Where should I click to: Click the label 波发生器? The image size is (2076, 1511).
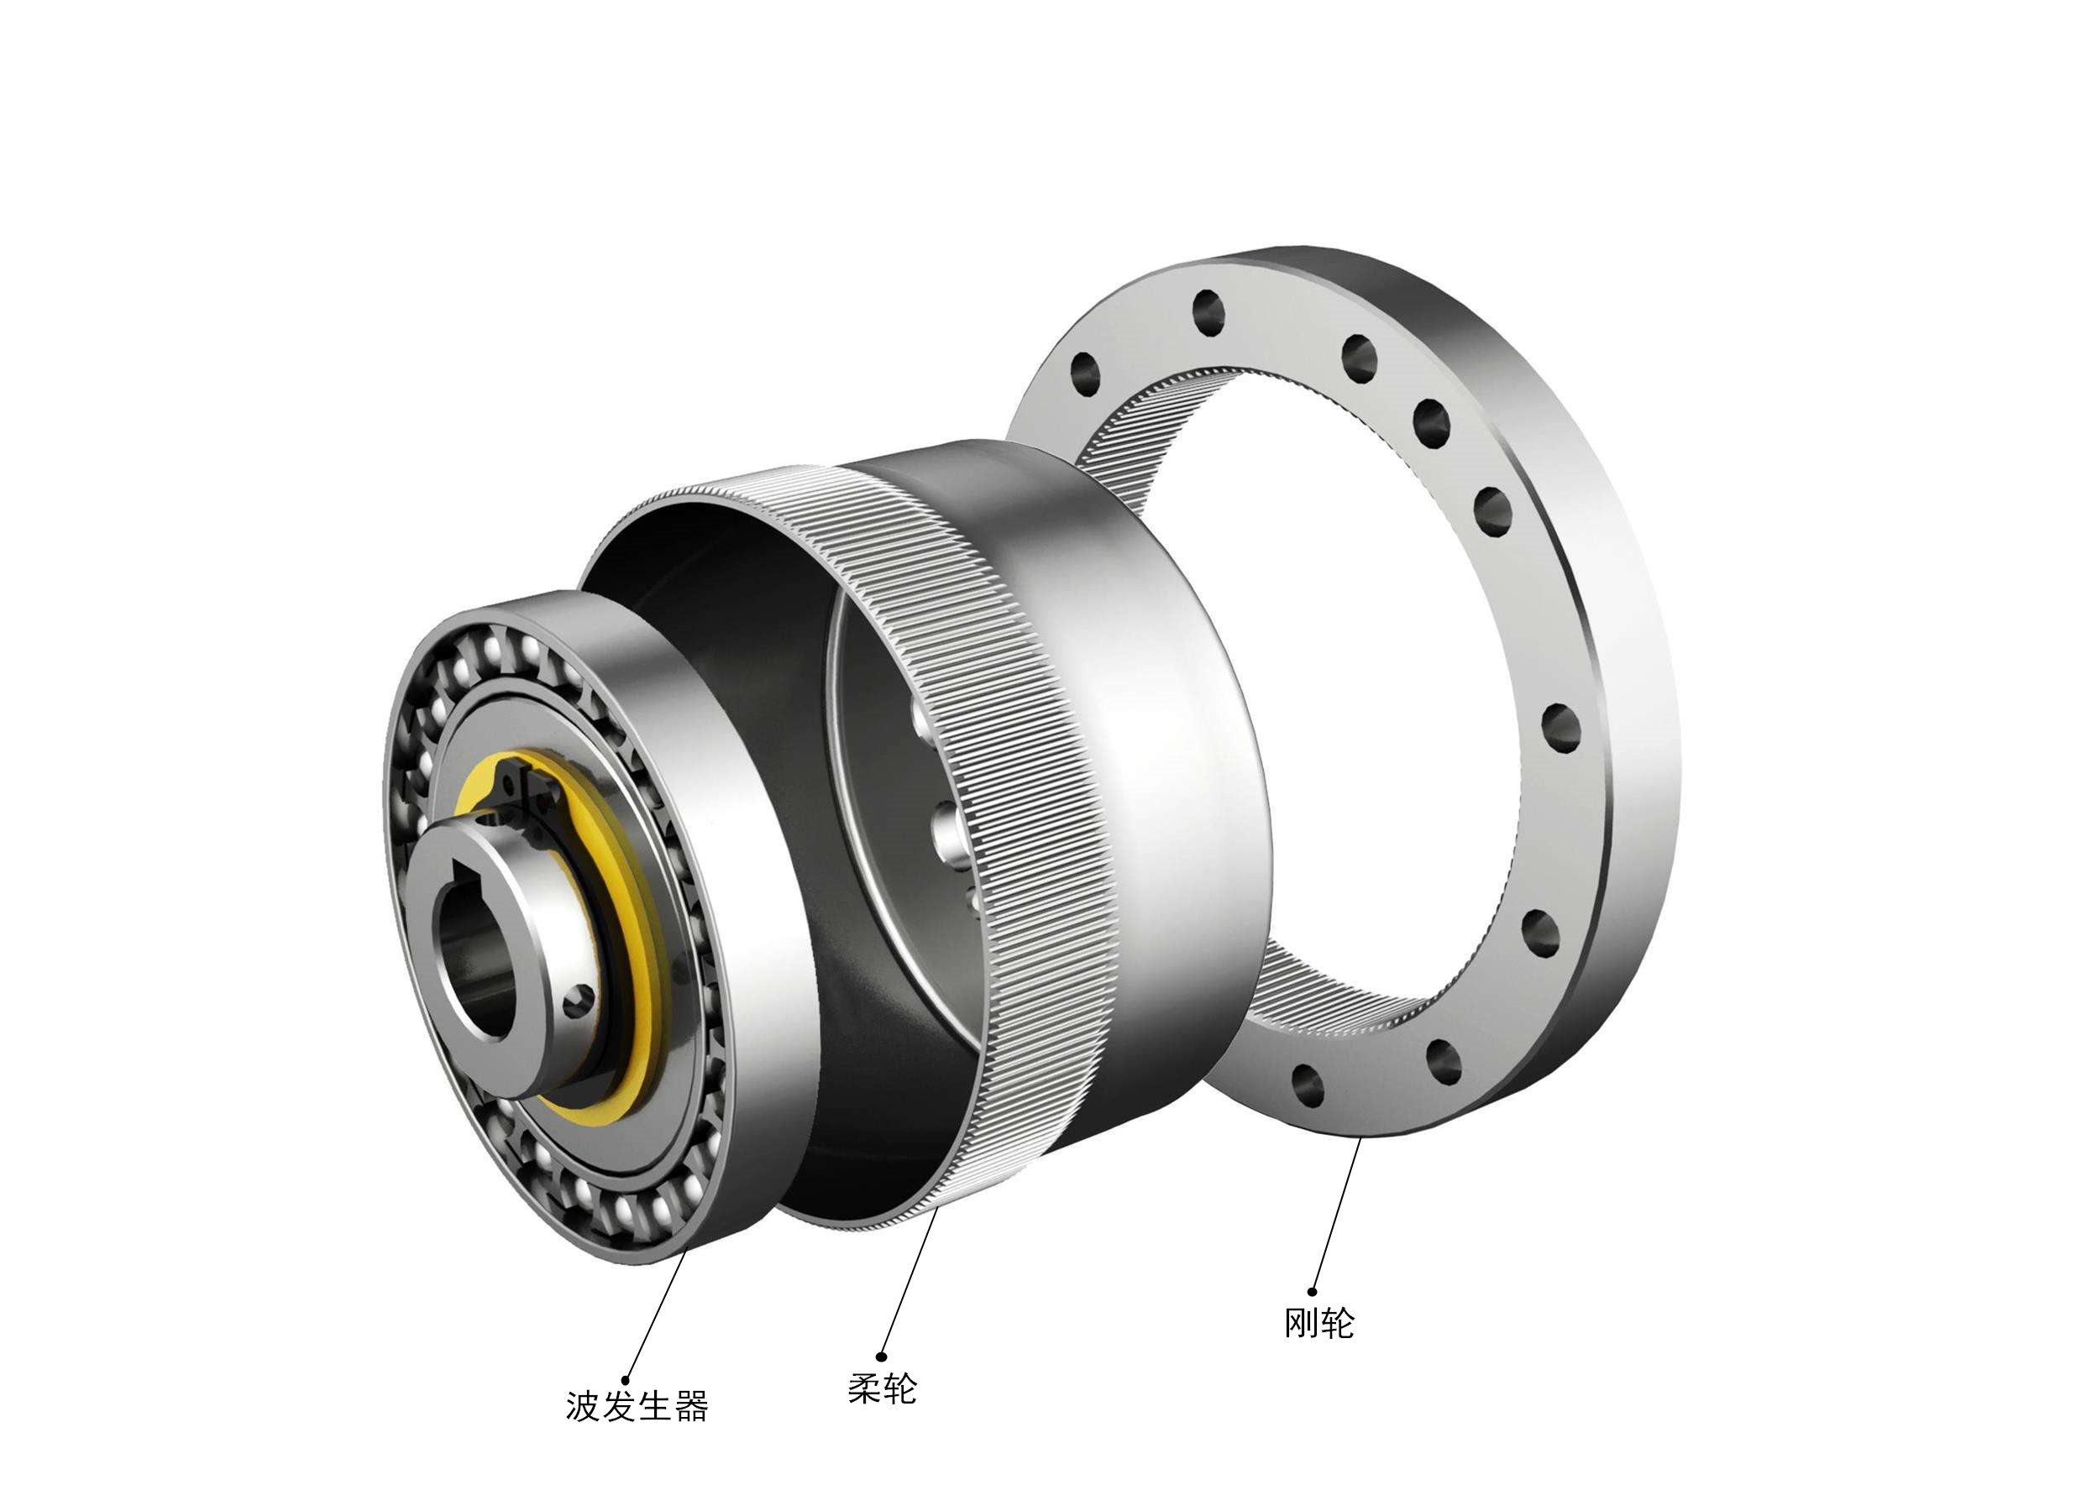[637, 1407]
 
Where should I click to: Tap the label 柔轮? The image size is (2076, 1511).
[882, 1388]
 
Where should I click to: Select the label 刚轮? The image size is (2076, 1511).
[1319, 1322]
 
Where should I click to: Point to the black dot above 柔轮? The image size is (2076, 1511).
[882, 1357]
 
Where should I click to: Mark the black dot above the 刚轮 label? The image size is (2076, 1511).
[1312, 1292]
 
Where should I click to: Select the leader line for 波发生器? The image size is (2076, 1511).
[656, 1316]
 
